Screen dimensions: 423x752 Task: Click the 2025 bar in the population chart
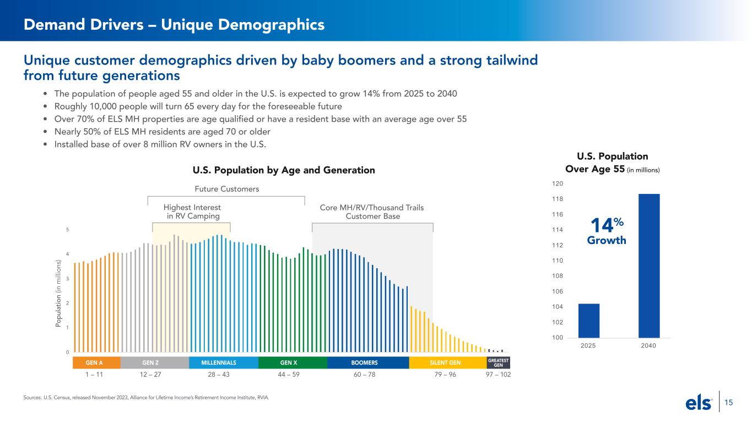click(x=588, y=321)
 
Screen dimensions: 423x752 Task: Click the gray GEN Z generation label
click(x=154, y=363)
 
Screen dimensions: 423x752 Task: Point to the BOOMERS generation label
click(x=367, y=363)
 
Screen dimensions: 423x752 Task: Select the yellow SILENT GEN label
click(x=446, y=363)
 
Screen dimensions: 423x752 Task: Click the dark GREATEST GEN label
click(x=498, y=363)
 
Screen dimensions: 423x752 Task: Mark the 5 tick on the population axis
click(x=67, y=230)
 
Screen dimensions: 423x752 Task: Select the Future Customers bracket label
click(x=227, y=189)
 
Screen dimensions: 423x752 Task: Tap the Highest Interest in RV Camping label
click(x=192, y=211)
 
